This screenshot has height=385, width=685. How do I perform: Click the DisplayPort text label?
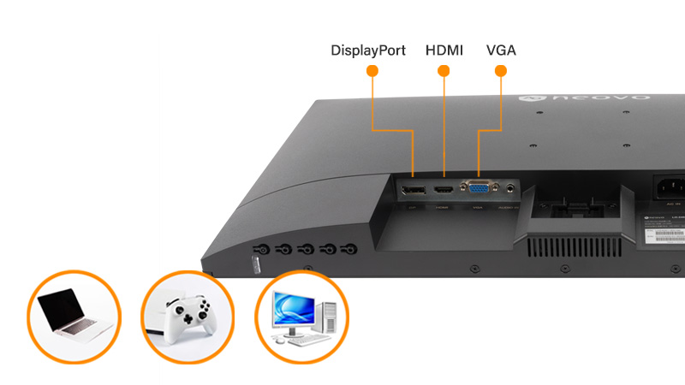(368, 50)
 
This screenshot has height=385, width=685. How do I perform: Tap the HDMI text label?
(444, 50)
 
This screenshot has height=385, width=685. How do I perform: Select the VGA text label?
(501, 50)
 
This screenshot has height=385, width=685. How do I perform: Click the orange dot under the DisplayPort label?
(372, 72)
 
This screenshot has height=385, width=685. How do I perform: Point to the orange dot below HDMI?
(444, 72)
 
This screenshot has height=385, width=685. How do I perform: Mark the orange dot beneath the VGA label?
(501, 72)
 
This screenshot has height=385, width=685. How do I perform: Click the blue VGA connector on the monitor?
(477, 187)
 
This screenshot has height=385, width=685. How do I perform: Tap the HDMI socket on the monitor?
(444, 187)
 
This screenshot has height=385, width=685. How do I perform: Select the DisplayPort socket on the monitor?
(414, 188)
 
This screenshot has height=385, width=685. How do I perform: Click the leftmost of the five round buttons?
(262, 250)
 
